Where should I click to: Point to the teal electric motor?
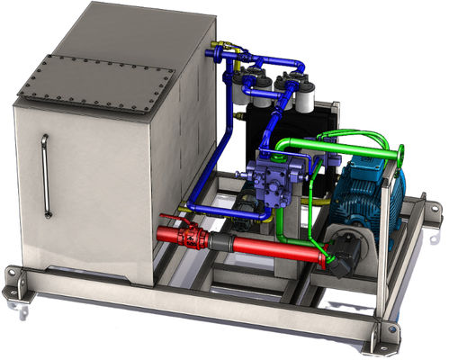tap(360, 194)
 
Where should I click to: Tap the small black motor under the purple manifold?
tap(243, 212)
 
